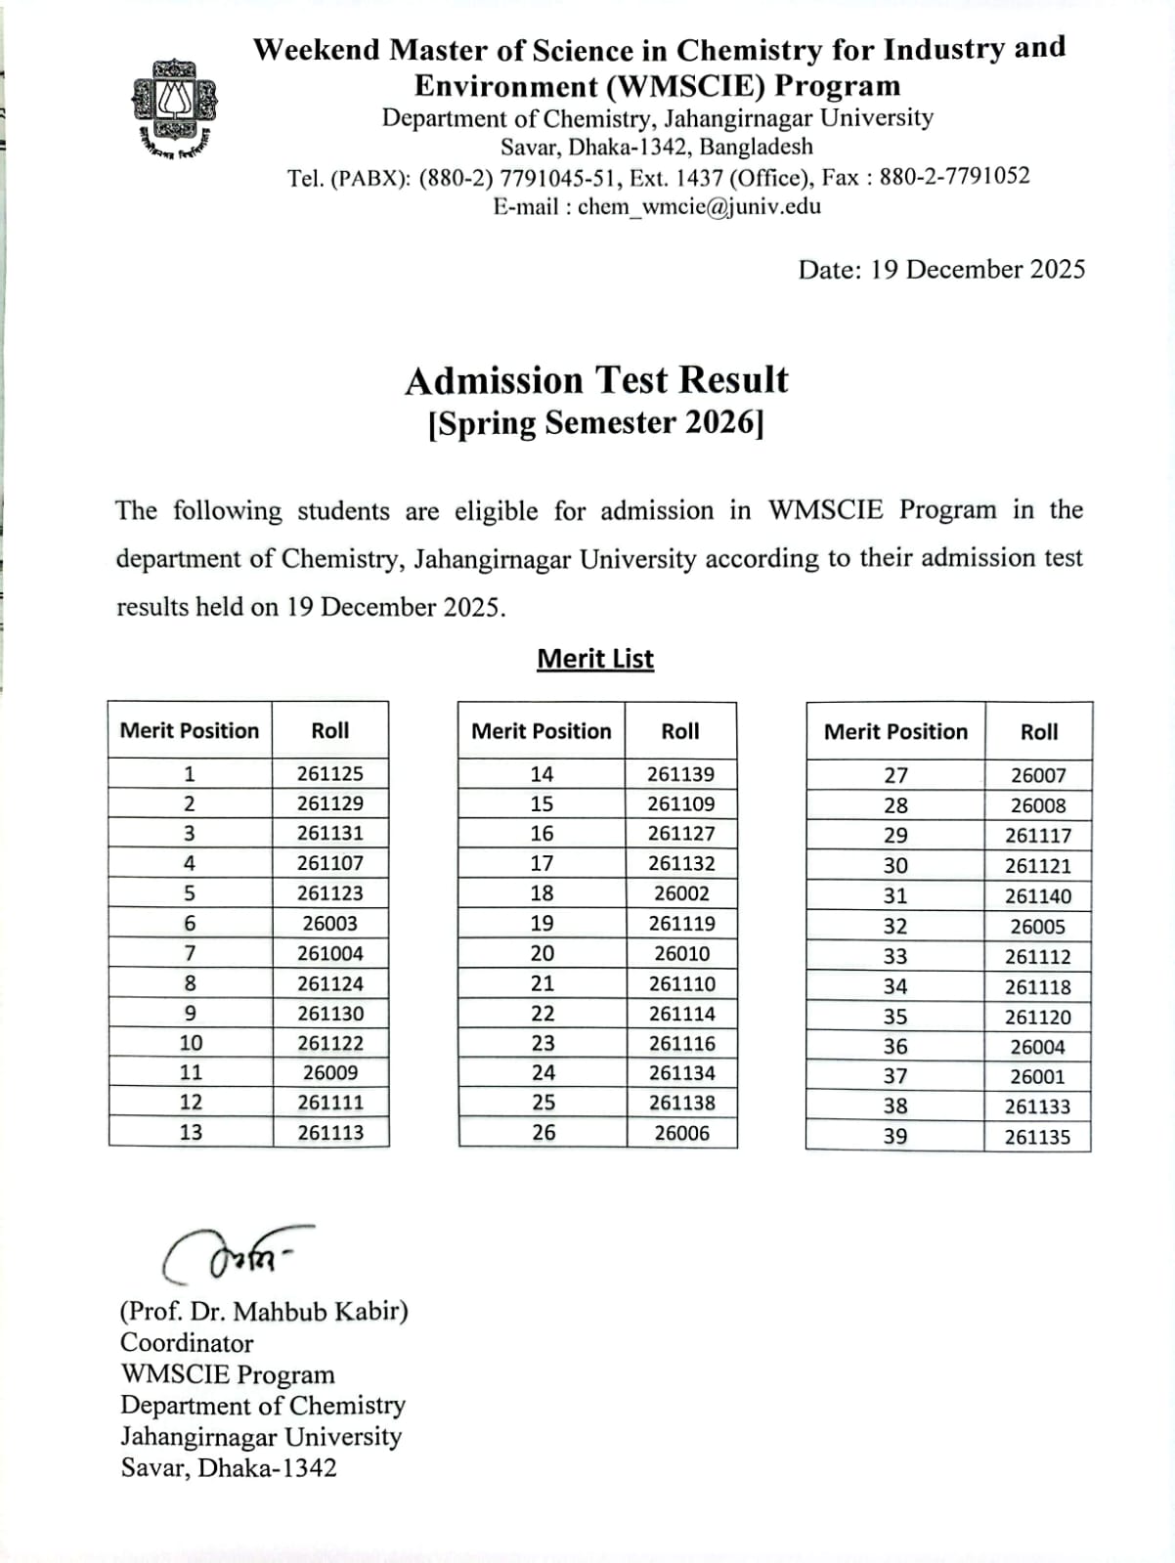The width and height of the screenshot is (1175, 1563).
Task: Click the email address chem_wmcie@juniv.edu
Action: coord(699,206)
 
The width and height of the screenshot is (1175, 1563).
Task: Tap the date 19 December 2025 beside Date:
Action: coord(978,270)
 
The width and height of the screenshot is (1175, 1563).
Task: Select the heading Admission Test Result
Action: coord(596,380)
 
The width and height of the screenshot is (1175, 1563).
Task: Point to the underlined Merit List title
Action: coord(595,659)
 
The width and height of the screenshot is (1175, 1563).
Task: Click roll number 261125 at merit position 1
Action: coord(330,773)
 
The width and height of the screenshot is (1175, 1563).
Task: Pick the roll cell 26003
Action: coord(330,923)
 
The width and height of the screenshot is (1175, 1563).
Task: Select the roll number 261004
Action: coord(330,953)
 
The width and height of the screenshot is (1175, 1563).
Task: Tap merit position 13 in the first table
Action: coord(191,1132)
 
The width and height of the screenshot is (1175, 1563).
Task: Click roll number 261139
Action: coord(680,774)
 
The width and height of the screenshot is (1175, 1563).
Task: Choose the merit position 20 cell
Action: coord(542,953)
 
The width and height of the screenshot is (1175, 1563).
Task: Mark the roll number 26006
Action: coord(681,1133)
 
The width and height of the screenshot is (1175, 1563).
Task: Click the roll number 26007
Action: coord(1038,775)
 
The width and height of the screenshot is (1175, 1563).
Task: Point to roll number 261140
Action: coord(1038,896)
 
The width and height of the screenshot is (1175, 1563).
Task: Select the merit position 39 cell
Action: coord(895,1136)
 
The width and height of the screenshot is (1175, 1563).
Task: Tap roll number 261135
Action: coord(1038,1137)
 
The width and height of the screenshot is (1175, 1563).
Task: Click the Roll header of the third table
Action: coord(1039,732)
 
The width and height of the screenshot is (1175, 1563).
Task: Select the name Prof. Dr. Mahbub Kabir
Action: coord(264,1311)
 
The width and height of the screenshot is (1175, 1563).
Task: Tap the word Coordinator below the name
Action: coord(187,1343)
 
